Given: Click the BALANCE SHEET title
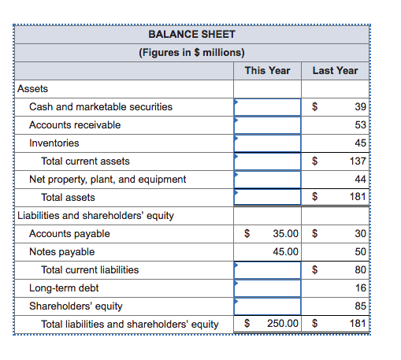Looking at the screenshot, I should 191,35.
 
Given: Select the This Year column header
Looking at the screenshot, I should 267,70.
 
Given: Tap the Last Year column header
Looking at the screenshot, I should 335,70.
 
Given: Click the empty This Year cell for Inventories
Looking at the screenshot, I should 267,143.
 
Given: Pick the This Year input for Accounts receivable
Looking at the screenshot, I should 267,124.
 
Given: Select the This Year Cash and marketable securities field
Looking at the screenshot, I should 267,106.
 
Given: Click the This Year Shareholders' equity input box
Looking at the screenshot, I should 267,306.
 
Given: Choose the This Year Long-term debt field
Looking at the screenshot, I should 267,288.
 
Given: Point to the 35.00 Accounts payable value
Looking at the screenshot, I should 285,233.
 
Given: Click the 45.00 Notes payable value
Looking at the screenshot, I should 285,251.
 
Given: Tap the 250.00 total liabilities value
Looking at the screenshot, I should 282,324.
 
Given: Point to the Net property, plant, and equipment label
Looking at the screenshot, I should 107,179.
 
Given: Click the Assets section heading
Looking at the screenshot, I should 32,89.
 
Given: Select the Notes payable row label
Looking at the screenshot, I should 61,251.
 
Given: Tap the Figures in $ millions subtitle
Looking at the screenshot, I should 191,53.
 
